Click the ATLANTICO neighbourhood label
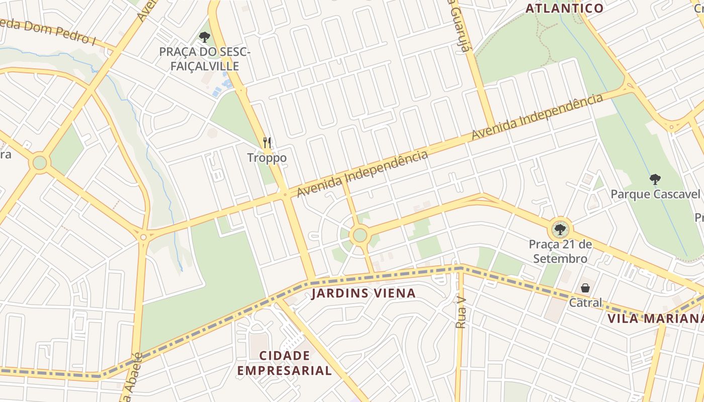(x=564, y=8)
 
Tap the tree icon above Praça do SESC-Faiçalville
(x=204, y=37)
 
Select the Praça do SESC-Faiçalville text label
(x=204, y=59)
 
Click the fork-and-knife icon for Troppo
(x=267, y=143)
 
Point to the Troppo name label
(x=267, y=158)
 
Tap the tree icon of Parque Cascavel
(x=655, y=179)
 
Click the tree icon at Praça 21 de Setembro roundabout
(x=559, y=230)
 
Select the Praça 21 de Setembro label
(x=560, y=251)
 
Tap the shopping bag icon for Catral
(x=585, y=288)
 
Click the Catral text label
(x=585, y=303)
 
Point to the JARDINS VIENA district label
(x=363, y=293)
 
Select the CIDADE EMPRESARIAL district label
(x=285, y=363)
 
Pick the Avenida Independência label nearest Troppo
(x=362, y=173)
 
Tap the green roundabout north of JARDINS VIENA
(x=360, y=235)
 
